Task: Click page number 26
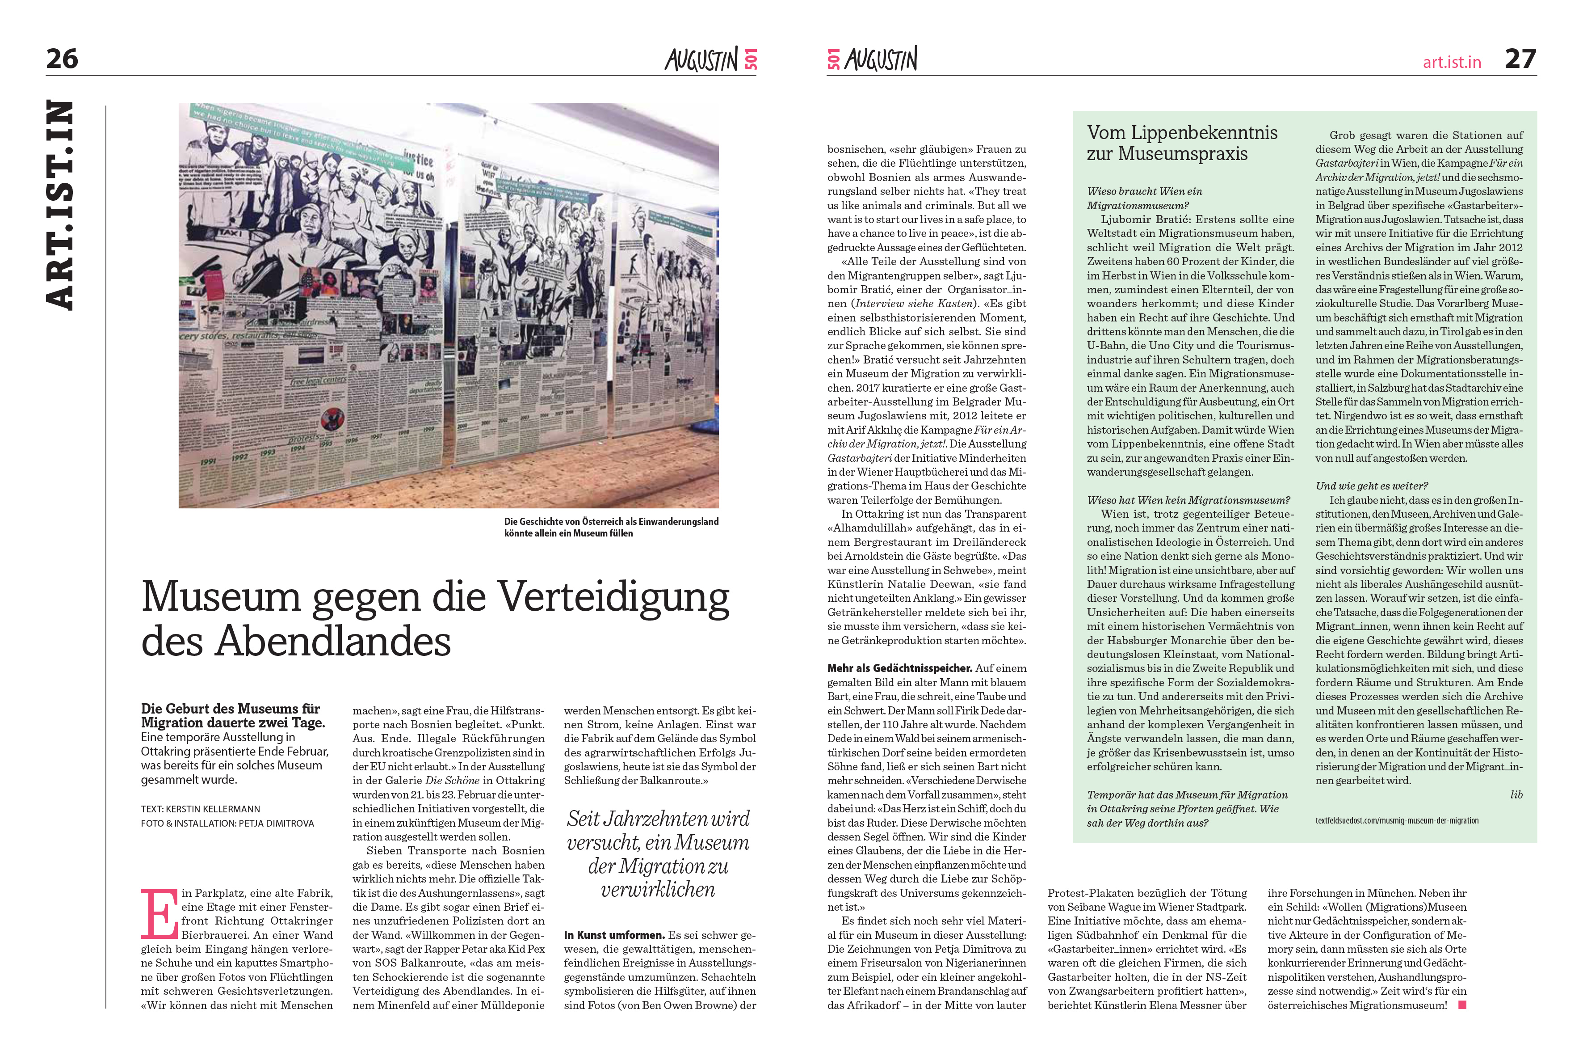tap(62, 59)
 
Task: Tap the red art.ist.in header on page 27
tap(1452, 63)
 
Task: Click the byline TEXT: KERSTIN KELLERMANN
tap(201, 809)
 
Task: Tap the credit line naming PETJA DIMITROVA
tap(227, 823)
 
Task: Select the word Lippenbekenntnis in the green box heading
tap(1206, 133)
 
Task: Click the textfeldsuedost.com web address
tap(1397, 820)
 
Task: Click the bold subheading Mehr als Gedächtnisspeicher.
tap(899, 668)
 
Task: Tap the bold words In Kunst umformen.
tap(614, 935)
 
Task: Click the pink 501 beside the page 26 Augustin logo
tap(751, 59)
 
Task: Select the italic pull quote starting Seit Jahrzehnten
tap(658, 854)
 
